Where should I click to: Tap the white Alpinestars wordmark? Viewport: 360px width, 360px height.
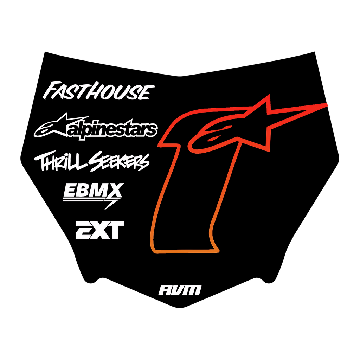coord(112,130)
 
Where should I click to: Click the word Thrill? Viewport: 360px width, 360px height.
coord(60,161)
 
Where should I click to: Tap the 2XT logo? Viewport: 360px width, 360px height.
coord(100,230)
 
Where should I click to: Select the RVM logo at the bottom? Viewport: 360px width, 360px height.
coord(180,290)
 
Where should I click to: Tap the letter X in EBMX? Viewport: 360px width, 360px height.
coord(115,190)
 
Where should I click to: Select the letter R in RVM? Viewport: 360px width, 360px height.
coord(165,290)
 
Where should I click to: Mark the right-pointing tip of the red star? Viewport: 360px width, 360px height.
coord(327,104)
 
